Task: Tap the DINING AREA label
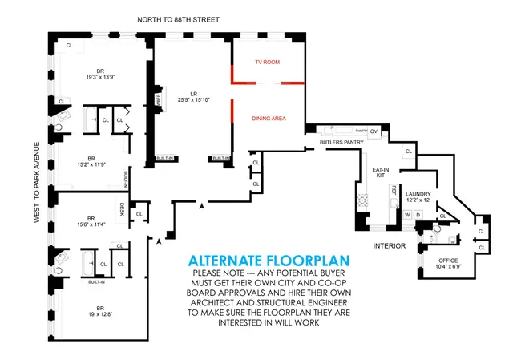[269, 119]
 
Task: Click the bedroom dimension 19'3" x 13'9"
[95, 78]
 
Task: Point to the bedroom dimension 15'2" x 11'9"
[91, 164]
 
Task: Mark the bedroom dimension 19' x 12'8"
[99, 312]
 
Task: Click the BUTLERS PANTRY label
[342, 142]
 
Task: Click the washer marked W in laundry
[407, 215]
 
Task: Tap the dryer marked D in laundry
[418, 215]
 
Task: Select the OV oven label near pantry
[373, 131]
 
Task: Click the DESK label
[122, 208]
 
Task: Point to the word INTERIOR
[389, 245]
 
